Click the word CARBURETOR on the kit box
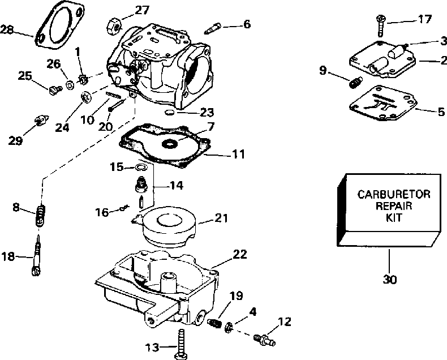[x=394, y=195]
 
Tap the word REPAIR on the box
[x=394, y=206]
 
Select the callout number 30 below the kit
[x=390, y=279]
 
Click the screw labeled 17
[x=380, y=26]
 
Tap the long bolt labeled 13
[x=180, y=344]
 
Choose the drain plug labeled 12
[x=264, y=340]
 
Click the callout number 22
[x=240, y=254]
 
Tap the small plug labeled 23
[x=169, y=112]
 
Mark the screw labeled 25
[x=55, y=89]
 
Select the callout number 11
[x=238, y=155]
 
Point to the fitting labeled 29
[x=41, y=120]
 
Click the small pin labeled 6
[x=212, y=28]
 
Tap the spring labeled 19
[x=214, y=323]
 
